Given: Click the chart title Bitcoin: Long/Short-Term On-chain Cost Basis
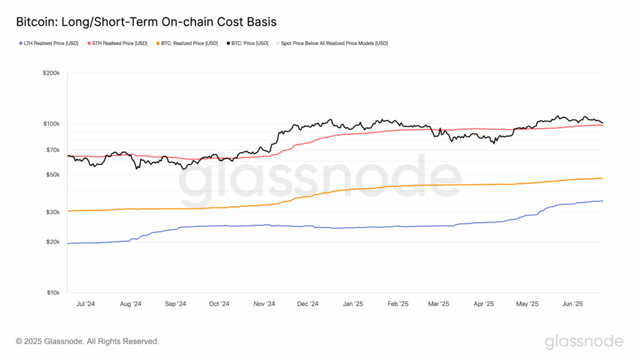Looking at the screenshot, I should pos(146,22).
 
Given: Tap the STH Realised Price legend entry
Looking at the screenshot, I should pos(119,43).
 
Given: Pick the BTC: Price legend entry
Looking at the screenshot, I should pos(249,43).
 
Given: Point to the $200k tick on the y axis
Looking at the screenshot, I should pos(51,73).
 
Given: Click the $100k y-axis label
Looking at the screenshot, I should pos(51,124).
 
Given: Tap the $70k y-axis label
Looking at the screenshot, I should pos(52,150).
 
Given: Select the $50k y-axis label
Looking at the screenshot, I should pos(52,174).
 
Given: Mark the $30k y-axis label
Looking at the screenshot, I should pos(52,212).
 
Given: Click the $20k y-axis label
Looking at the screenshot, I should pos(52,242).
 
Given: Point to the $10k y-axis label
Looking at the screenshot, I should pos(52,292).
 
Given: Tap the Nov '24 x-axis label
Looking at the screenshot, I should pos(264,304).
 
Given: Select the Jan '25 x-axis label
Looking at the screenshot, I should pos(353,304).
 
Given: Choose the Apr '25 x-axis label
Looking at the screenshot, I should pos(484,304).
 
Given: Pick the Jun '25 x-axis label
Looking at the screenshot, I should pos(573,304).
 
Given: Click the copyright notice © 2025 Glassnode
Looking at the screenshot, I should pos(87,341).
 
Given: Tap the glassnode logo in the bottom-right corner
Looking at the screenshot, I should pos(584,341).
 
